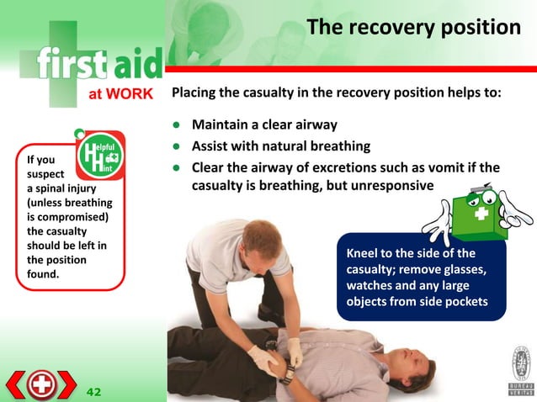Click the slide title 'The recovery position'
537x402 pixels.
point(413,28)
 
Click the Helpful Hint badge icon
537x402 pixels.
point(98,156)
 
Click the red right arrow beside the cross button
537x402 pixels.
point(68,385)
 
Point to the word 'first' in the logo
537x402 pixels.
point(72,66)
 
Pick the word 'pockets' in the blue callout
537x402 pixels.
point(465,300)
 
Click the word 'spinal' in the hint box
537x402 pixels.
point(63,188)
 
